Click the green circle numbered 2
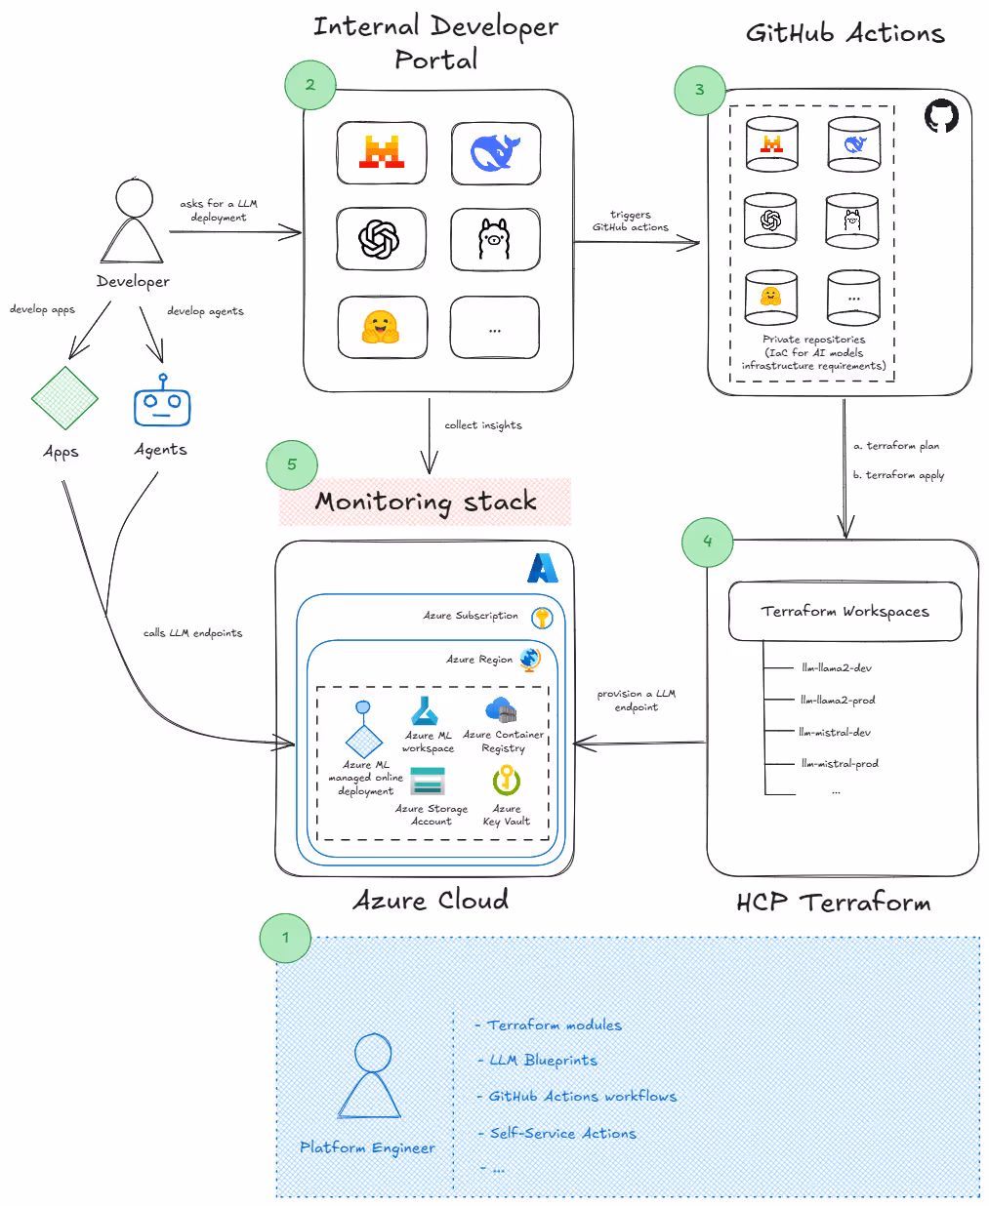coord(310,85)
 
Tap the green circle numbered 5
coord(292,464)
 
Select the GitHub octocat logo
coord(941,115)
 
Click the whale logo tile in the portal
coord(496,153)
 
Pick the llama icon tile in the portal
coord(495,239)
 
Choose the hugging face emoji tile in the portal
coord(381,328)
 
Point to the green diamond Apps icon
coord(64,398)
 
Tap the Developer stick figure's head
coord(135,198)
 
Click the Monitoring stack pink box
coord(426,502)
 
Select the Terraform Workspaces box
coord(845,612)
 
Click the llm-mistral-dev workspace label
coord(835,732)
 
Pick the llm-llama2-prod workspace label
coord(838,700)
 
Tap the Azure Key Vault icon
coord(506,780)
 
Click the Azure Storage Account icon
coord(428,782)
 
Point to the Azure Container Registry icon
coord(501,709)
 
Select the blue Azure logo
coord(542,568)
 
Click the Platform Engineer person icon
coord(370,1077)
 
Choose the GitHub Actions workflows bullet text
coord(582,1097)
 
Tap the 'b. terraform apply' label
coord(898,475)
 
